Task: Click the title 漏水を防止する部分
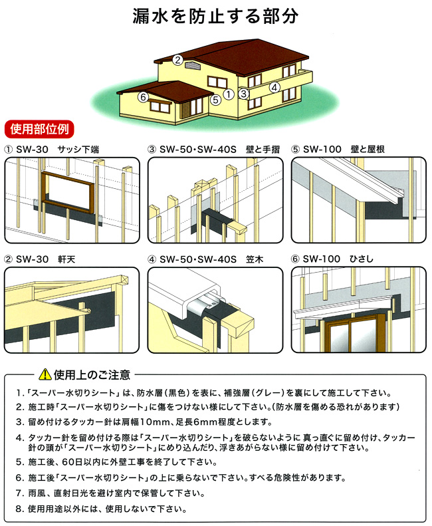(x=215, y=16)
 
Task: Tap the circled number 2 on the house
(x=177, y=60)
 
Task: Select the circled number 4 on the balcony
(x=274, y=88)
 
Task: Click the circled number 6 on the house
(x=143, y=97)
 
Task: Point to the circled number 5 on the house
(x=215, y=100)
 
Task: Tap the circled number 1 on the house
(x=229, y=94)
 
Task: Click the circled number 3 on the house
(x=244, y=93)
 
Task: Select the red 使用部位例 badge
(x=39, y=129)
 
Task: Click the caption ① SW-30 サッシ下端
(x=52, y=150)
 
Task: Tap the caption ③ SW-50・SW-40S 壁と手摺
(x=214, y=150)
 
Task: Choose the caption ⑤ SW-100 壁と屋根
(x=338, y=150)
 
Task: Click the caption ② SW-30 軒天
(x=40, y=259)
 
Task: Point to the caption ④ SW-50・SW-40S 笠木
(x=205, y=259)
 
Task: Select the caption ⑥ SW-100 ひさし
(x=332, y=259)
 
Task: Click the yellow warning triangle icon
(x=45, y=374)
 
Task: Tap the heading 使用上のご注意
(x=92, y=374)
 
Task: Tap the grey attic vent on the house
(x=192, y=65)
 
